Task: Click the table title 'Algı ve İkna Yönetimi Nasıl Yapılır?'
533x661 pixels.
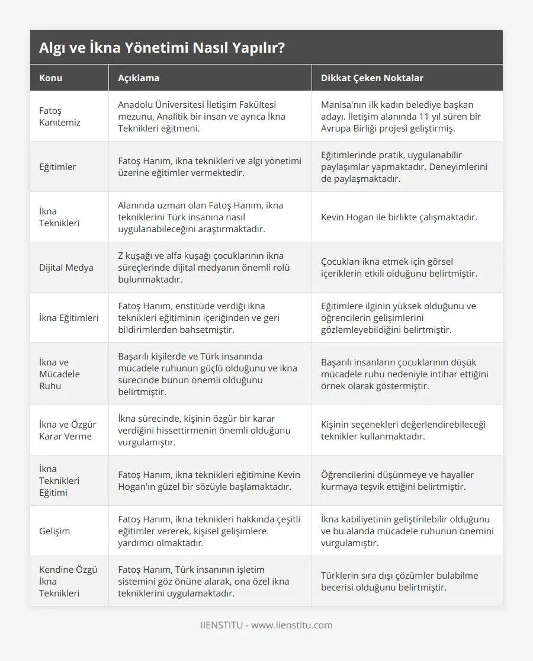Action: tap(162, 48)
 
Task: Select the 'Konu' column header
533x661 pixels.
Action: tap(51, 78)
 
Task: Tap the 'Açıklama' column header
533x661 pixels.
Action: tap(139, 78)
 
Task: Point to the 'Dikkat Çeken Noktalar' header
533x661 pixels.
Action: tap(372, 78)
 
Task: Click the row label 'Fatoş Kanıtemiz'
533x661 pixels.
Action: tap(60, 116)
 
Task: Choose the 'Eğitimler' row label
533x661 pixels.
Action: tap(57, 166)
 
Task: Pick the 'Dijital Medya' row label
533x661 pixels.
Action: tap(66, 267)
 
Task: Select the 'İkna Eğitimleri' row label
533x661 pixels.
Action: tap(69, 317)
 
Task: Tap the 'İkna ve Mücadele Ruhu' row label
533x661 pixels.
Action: tap(59, 374)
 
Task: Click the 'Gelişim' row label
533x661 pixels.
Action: tap(54, 531)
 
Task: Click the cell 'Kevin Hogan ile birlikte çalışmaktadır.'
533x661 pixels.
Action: tap(399, 217)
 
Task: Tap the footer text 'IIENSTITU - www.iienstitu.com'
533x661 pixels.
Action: tap(266, 625)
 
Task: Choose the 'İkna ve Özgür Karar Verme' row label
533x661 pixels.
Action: tap(68, 430)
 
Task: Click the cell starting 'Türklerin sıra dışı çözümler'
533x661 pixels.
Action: tap(400, 581)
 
